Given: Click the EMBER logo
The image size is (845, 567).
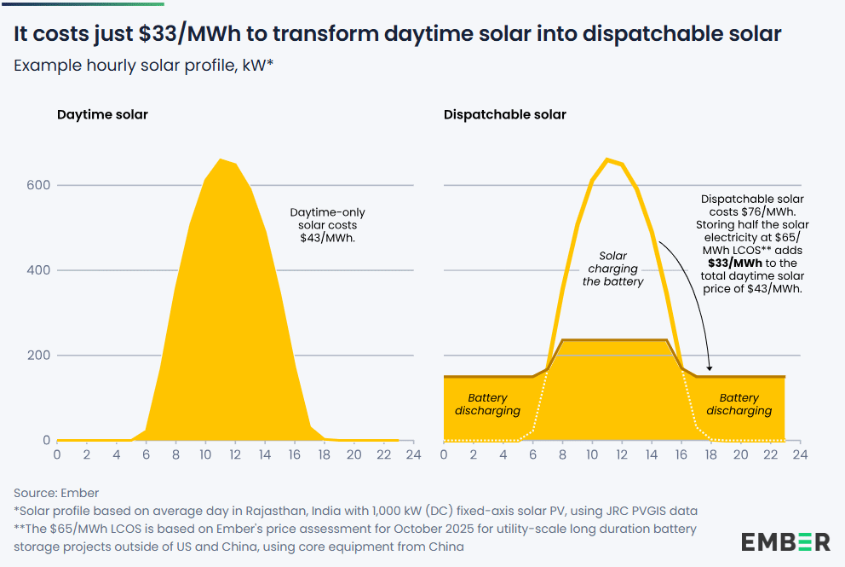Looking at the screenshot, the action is pyautogui.click(x=785, y=541).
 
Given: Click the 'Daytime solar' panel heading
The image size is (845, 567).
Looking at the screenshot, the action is pyautogui.click(x=102, y=114).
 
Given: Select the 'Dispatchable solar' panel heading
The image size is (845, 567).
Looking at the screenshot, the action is pyautogui.click(x=505, y=114).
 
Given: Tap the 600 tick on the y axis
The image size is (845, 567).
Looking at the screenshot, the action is pyautogui.click(x=38, y=185).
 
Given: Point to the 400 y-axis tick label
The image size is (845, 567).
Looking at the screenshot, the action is pyautogui.click(x=38, y=270).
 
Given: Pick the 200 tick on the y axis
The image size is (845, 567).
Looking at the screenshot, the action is pyautogui.click(x=38, y=356).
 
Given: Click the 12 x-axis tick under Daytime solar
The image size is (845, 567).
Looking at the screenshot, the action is pyautogui.click(x=235, y=454).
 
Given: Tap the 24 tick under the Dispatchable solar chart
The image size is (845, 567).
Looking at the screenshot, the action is pyautogui.click(x=800, y=454).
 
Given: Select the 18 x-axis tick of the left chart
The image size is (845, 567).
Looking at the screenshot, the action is pyautogui.click(x=324, y=454).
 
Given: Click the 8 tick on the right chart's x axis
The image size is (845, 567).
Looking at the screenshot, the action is pyautogui.click(x=562, y=454).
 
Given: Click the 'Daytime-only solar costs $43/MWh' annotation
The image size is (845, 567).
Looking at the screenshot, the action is pyautogui.click(x=328, y=225).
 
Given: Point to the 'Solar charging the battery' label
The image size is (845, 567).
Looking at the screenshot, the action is pyautogui.click(x=612, y=269).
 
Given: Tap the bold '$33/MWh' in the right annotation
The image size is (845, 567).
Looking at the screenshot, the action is pyautogui.click(x=735, y=263).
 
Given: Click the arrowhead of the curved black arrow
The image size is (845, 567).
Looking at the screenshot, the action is pyautogui.click(x=710, y=368).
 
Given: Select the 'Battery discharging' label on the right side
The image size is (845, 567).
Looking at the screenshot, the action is pyautogui.click(x=739, y=404).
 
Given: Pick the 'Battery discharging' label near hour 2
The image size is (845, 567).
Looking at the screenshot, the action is pyautogui.click(x=487, y=404).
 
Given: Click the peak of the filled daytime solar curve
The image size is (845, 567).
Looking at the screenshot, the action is pyautogui.click(x=220, y=159).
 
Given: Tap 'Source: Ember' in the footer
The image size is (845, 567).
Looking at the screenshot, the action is pyautogui.click(x=56, y=493).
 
